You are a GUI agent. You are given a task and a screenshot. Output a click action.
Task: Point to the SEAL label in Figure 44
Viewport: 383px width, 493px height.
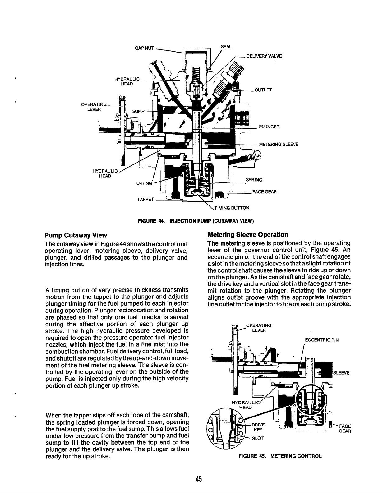(226, 47)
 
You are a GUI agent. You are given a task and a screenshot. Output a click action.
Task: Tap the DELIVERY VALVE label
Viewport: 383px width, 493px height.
(264, 56)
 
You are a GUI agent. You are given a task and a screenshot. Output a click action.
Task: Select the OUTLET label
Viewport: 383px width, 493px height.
(263, 90)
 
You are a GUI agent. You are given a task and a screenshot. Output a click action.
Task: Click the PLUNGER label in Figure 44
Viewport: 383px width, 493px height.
(269, 127)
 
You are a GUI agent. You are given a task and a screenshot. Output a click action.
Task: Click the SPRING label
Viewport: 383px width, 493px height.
(254, 180)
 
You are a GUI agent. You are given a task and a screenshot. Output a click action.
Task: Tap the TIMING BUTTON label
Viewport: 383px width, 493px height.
(230, 208)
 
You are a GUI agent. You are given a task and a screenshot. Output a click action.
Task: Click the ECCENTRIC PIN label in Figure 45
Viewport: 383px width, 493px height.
(321, 340)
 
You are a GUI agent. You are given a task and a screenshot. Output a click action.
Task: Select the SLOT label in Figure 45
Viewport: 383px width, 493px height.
(258, 438)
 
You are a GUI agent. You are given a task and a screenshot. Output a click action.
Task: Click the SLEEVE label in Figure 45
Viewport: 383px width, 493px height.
(342, 373)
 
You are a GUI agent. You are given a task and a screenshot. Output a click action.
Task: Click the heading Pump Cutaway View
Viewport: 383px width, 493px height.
(76, 235)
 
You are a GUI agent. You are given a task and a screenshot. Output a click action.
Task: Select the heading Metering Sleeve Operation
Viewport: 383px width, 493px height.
(247, 234)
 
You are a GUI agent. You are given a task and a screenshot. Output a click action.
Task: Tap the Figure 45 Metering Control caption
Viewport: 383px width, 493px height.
(280, 456)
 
